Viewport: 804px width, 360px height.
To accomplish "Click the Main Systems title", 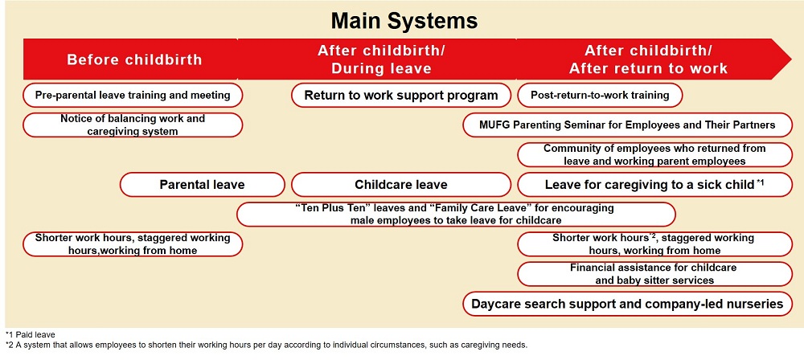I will coord(402,19).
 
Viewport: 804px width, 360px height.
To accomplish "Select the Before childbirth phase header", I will coord(133,59).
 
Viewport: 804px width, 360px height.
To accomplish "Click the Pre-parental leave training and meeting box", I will coord(133,95).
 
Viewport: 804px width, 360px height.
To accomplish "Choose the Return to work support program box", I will coord(400,95).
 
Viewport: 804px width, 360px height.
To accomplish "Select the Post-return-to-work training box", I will coord(600,95).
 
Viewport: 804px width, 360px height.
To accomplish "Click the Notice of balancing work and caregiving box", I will coord(133,125).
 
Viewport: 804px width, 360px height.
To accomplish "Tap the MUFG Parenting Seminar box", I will coord(628,125).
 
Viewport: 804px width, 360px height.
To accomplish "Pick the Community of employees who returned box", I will coord(654,154).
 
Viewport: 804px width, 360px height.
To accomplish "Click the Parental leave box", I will coord(202,185).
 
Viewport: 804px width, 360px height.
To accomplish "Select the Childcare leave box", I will coord(400,185).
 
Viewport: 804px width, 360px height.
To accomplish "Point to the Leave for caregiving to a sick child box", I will coord(654,185).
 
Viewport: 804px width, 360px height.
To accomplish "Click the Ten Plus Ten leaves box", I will coord(456,214).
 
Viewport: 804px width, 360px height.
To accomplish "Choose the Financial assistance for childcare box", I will coord(654,274).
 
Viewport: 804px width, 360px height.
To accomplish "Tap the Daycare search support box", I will coord(628,304).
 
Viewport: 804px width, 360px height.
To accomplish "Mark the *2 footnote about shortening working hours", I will coord(265,345).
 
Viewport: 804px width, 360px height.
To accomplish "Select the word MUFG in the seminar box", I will coord(494,125).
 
